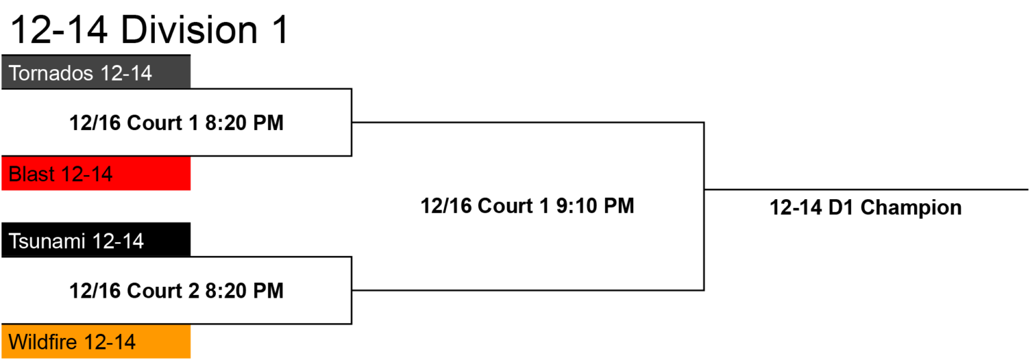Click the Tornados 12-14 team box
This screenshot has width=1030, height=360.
coord(96,72)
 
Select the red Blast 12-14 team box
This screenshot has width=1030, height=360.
coord(96,174)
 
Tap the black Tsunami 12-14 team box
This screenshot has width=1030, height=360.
coord(96,239)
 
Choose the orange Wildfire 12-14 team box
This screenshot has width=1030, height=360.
coord(96,342)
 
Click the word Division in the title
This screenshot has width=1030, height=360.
coord(189,30)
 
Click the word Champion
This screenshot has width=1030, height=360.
coord(911,208)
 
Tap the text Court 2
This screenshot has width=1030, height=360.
coord(163,290)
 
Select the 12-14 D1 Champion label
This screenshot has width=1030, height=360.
coord(866,208)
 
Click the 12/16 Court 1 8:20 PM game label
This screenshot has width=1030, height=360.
coord(176,123)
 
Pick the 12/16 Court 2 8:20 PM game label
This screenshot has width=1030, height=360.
coord(176,290)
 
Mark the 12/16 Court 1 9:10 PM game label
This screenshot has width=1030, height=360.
coord(528,206)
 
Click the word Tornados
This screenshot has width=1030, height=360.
coord(51,73)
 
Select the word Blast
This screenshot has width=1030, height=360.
coord(32,174)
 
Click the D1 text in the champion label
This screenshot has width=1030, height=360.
coord(841,208)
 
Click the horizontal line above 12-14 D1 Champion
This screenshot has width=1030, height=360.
coord(866,189)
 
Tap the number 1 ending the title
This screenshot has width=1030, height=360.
coord(280,30)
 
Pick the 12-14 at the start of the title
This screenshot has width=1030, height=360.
coord(59,30)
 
